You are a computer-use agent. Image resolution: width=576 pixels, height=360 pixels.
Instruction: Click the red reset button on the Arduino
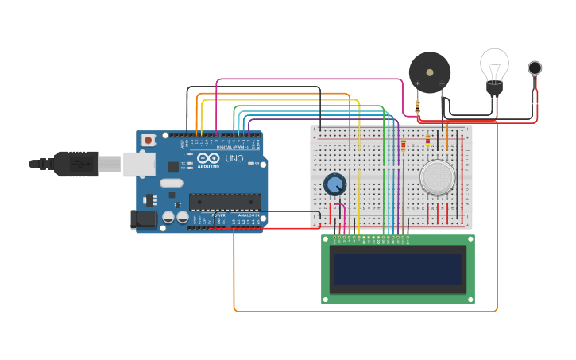148,140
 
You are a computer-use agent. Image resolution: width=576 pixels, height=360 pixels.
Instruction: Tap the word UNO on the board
234,158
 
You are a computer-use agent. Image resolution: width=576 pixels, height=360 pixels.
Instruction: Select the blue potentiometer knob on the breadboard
335,184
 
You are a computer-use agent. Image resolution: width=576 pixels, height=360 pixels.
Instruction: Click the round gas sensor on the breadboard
438,177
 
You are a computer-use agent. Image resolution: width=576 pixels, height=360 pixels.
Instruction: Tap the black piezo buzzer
429,72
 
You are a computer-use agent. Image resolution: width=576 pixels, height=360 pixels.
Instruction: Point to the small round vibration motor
535,68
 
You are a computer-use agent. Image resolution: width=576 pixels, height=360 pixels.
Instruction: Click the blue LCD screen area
397,269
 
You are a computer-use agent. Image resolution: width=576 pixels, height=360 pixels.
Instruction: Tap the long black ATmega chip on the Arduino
225,202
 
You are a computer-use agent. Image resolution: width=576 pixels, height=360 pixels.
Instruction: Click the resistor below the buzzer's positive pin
417,107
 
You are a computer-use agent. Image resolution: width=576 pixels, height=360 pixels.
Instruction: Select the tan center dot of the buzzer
430,72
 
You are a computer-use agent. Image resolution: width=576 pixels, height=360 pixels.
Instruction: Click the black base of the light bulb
495,88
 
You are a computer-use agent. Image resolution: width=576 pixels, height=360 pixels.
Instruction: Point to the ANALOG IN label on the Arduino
248,215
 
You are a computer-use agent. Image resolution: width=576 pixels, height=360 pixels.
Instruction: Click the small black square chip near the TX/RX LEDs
173,167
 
